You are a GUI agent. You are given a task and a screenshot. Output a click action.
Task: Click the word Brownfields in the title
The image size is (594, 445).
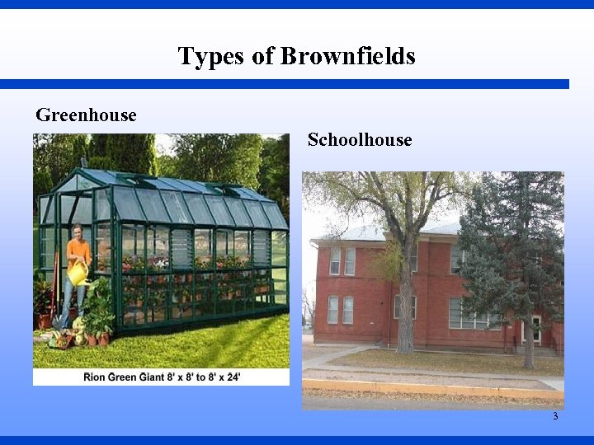347,56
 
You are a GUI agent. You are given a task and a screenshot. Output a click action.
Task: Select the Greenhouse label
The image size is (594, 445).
86,115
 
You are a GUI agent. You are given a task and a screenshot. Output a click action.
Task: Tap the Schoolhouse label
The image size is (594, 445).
360,140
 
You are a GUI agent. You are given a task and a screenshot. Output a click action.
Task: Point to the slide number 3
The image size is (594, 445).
555,416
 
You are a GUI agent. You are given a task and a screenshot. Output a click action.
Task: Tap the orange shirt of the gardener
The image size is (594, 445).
78,251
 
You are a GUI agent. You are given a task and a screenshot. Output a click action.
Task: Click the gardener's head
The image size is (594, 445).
77,231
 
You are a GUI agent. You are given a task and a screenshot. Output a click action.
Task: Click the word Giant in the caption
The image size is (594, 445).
153,377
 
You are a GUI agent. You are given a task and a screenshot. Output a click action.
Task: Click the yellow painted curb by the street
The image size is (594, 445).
429,387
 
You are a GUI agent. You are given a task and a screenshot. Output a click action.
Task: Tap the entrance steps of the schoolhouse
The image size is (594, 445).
540,349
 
